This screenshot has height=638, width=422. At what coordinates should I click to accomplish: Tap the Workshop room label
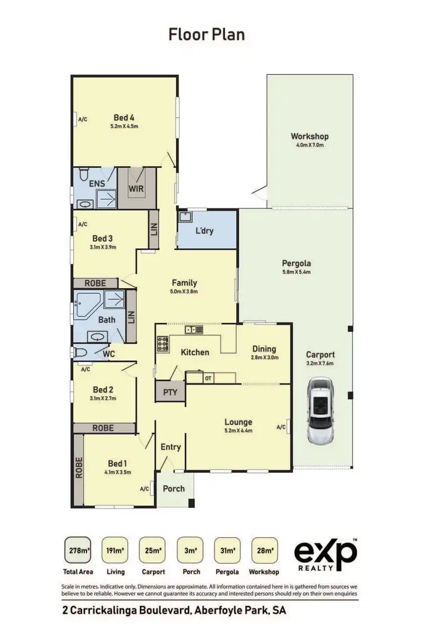pyautogui.click(x=309, y=136)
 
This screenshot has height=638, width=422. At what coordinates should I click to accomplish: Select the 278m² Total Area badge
pyautogui.click(x=79, y=550)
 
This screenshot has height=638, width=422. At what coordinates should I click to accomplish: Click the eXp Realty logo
pyautogui.click(x=326, y=555)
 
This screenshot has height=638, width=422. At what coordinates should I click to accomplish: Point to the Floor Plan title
pyautogui.click(x=206, y=34)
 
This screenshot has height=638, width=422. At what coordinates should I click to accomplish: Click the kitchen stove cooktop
pyautogui.click(x=163, y=343)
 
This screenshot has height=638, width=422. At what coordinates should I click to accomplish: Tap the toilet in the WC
pyautogui.click(x=80, y=353)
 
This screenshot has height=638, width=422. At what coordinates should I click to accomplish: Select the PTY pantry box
pyautogui.click(x=169, y=391)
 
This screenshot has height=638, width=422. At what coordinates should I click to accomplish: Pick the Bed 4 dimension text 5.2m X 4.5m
pyautogui.click(x=124, y=127)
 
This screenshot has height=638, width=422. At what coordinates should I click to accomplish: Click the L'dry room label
pyautogui.click(x=204, y=230)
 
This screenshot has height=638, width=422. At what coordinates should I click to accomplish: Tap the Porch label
pyautogui.click(x=173, y=488)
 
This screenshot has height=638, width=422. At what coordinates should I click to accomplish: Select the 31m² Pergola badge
pyautogui.click(x=228, y=550)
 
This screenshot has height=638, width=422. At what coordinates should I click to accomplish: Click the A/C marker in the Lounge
pyautogui.click(x=282, y=427)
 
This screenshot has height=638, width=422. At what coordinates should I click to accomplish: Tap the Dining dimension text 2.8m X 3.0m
pyautogui.click(x=264, y=357)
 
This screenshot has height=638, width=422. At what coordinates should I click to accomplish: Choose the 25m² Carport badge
pyautogui.click(x=153, y=550)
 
